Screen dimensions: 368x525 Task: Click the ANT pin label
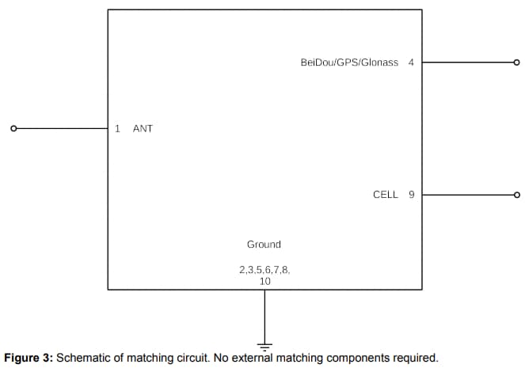pyautogui.click(x=143, y=128)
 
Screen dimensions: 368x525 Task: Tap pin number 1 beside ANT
pyautogui.click(x=117, y=128)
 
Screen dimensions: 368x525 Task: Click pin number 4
pyautogui.click(x=411, y=62)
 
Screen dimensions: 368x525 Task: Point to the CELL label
pyautogui.click(x=385, y=194)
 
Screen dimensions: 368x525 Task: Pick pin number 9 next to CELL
pyautogui.click(x=411, y=194)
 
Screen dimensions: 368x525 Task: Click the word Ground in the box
pyautogui.click(x=264, y=245)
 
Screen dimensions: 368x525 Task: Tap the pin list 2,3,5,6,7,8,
pyautogui.click(x=264, y=270)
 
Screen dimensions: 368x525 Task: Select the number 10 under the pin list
pyautogui.click(x=264, y=281)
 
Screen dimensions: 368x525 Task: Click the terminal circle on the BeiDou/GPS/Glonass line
pyautogui.click(x=517, y=63)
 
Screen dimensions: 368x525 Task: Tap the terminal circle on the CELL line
pyautogui.click(x=517, y=195)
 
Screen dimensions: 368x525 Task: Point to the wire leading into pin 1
pyautogui.click(x=60, y=128)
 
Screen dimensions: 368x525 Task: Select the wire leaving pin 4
pyautogui.click(x=467, y=63)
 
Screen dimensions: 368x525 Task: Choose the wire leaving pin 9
pyautogui.click(x=467, y=195)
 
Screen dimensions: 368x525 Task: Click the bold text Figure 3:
pyautogui.click(x=29, y=358)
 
